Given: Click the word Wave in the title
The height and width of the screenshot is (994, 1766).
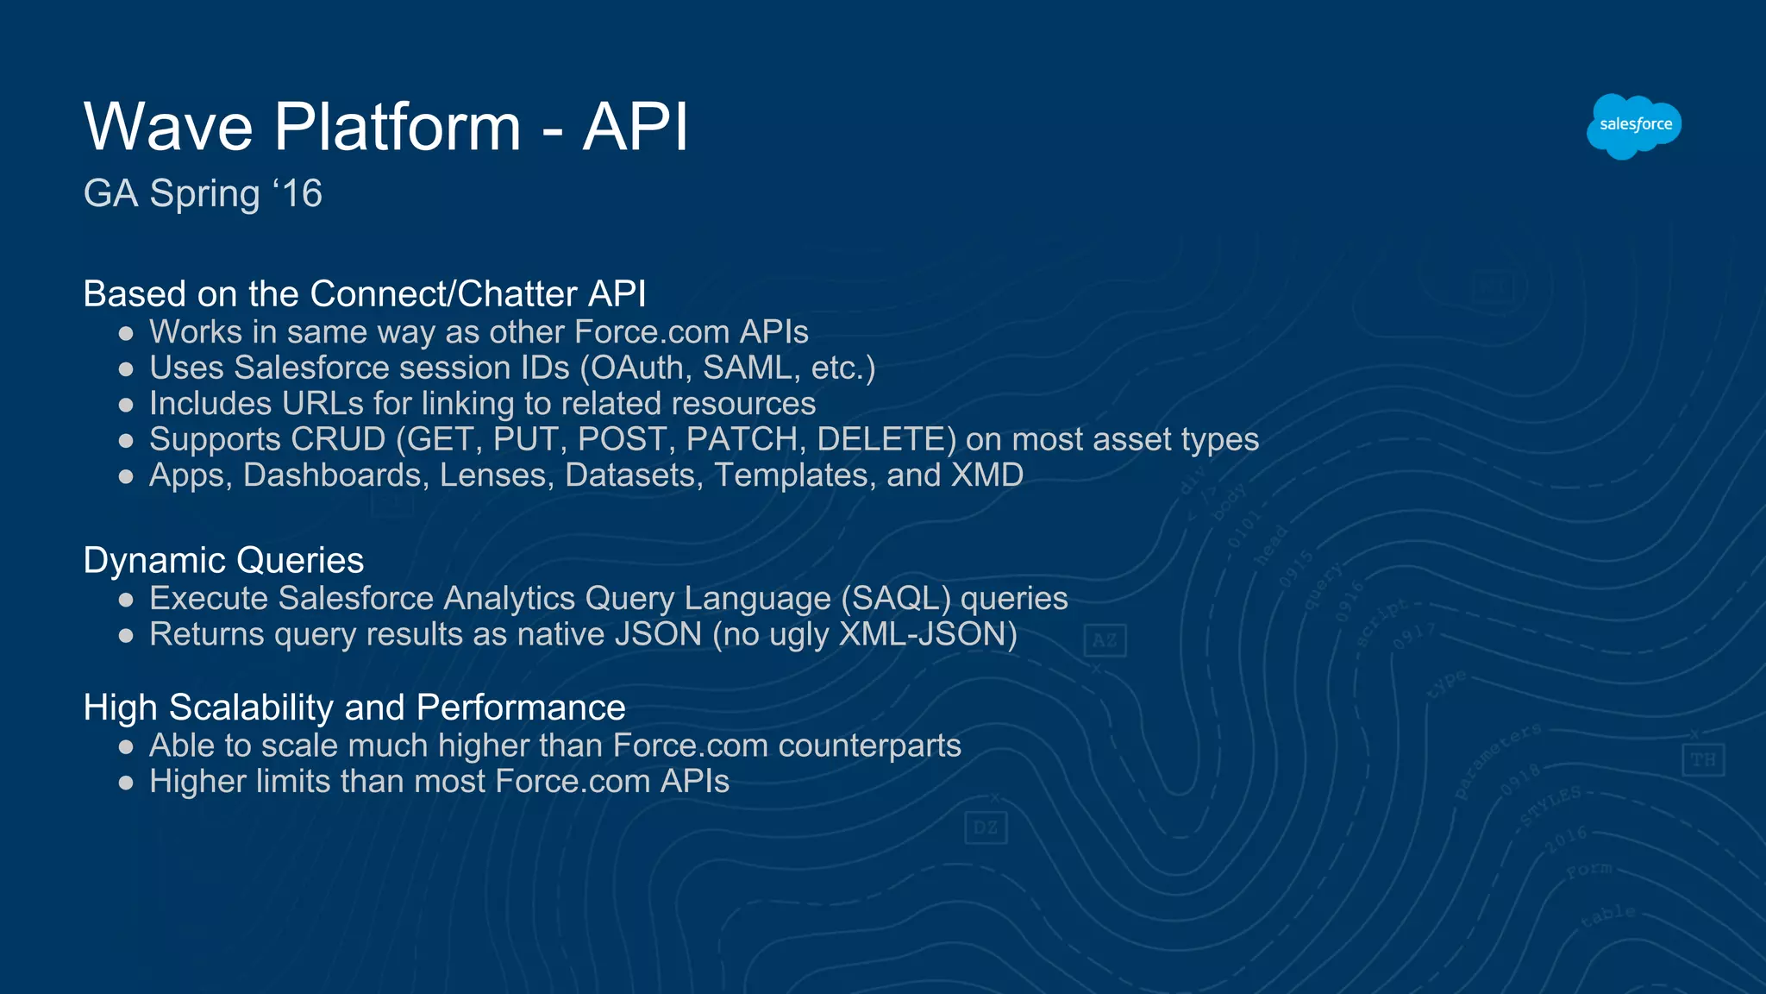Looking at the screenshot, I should coord(169,127).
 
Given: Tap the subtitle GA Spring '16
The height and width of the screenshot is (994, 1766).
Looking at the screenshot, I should coord(203,193).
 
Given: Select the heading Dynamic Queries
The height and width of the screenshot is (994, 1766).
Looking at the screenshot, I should coord(223,561).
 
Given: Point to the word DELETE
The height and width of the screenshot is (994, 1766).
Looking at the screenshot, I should coord(886,440).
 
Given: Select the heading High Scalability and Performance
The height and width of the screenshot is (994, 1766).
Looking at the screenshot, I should coord(354,708).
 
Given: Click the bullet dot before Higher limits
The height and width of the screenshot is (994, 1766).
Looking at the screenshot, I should coord(126,783).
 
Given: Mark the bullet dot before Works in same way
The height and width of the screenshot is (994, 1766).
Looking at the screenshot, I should coord(126,333).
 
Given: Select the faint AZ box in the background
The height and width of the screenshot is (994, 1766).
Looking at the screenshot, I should coord(1105,640).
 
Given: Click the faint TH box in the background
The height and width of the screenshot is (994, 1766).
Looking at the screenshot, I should coord(1702,760).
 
